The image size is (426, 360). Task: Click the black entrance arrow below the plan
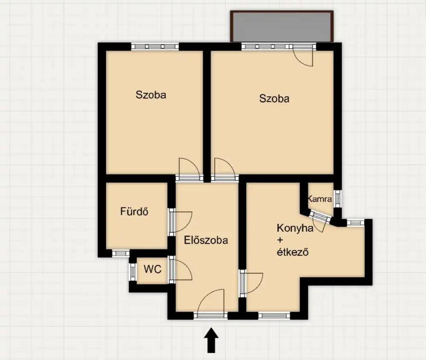(211, 340)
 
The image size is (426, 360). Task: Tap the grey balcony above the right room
(282, 26)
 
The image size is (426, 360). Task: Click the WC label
(153, 269)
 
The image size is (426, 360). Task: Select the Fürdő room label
(134, 211)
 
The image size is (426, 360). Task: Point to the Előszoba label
(206, 240)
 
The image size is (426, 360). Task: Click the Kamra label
(320, 199)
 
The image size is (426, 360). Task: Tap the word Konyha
(295, 228)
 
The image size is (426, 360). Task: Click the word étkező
(293, 252)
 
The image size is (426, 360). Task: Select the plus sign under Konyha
(280, 240)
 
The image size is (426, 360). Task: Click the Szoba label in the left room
(151, 95)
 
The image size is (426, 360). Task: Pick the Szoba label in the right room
(274, 98)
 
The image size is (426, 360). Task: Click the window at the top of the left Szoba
(155, 46)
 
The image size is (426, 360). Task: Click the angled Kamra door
(320, 220)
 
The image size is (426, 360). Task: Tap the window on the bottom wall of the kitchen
(274, 316)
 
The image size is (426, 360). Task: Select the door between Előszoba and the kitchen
(251, 283)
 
